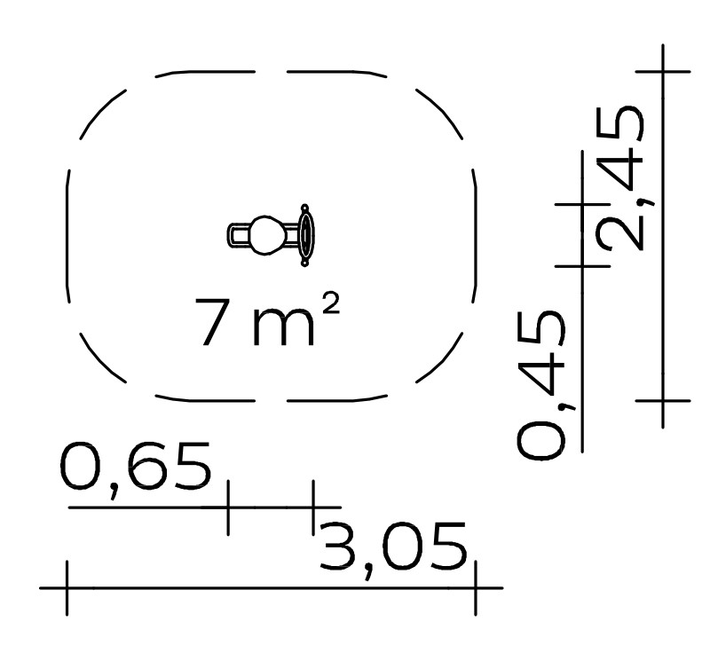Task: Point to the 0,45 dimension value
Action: (541, 386)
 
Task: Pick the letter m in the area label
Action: (283, 326)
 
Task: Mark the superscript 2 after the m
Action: (330, 303)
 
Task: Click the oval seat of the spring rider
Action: (268, 235)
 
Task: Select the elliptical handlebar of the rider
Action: (307, 235)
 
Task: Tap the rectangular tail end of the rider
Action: (239, 235)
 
